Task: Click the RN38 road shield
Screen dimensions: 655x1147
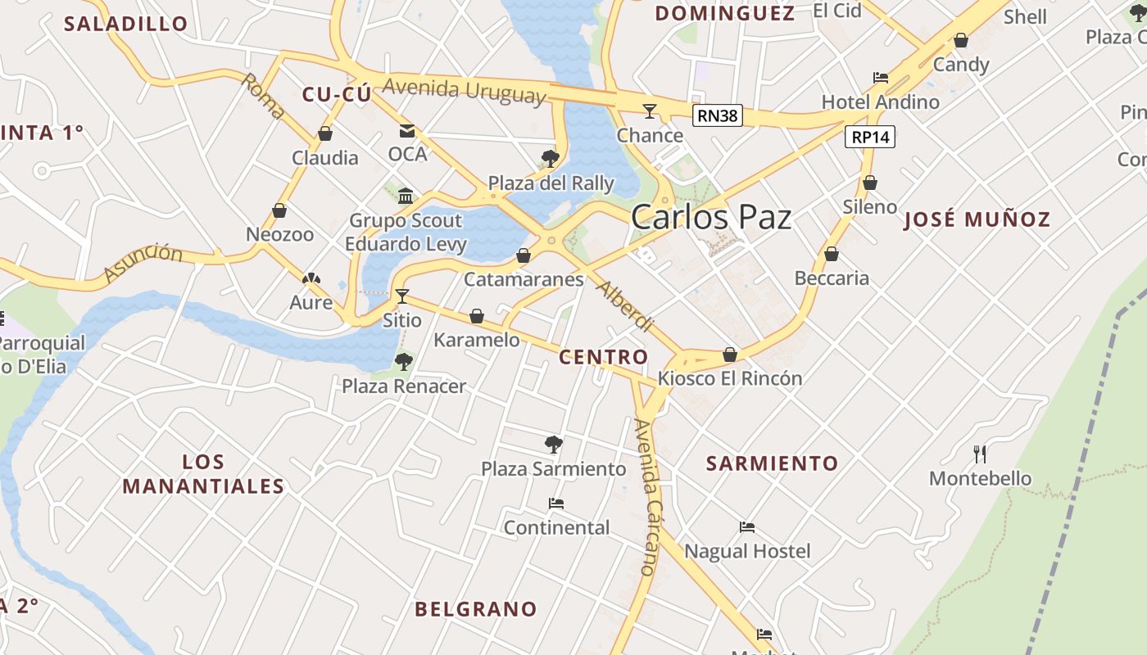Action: click(717, 115)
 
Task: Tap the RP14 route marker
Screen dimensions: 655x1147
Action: click(870, 137)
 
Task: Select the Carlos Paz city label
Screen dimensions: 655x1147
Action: click(711, 217)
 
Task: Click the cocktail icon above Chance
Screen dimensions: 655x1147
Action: click(650, 111)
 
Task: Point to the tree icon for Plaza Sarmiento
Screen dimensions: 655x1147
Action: click(554, 445)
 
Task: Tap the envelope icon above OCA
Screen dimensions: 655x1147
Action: click(407, 130)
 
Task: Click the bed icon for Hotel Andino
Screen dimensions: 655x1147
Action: click(881, 78)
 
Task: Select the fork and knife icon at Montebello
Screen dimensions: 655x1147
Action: click(979, 454)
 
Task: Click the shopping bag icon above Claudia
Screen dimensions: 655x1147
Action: click(325, 133)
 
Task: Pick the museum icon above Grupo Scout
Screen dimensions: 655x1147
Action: click(406, 196)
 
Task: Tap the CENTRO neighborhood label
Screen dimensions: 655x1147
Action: click(603, 357)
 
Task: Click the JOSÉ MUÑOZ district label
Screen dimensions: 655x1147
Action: click(977, 219)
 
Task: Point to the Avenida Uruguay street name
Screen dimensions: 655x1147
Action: click(464, 90)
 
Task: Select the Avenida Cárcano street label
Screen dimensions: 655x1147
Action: click(646, 497)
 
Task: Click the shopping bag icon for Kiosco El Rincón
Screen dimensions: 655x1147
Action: click(730, 355)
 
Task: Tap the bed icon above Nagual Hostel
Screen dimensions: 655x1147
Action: click(746, 527)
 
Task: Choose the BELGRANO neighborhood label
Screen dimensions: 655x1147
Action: click(475, 609)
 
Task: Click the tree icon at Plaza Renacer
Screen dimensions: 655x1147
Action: click(403, 362)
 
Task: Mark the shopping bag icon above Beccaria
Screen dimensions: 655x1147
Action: click(832, 254)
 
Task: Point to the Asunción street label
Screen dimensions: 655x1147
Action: click(144, 262)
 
